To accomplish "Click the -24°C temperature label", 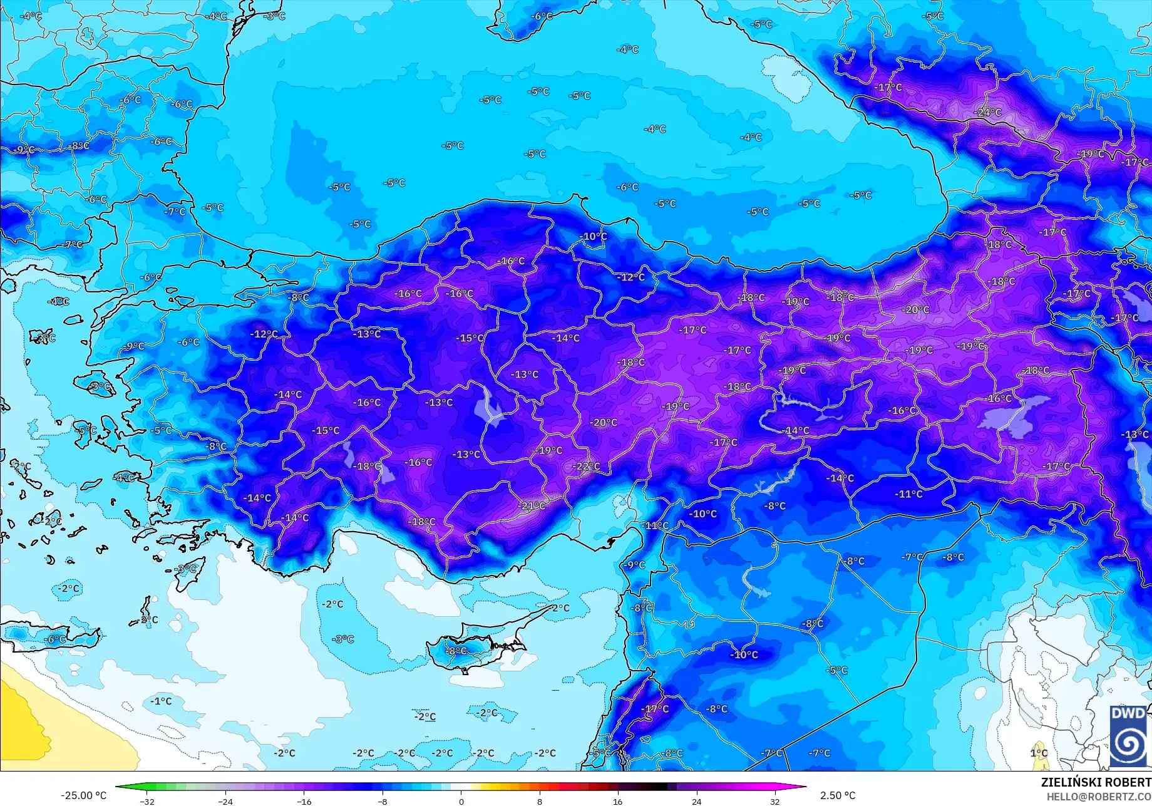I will pos(988,113).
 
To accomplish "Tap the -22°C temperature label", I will pos(587,467).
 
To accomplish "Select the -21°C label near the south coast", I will pos(532,506).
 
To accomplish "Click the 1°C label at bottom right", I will pos(1039,753).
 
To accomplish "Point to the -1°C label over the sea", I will pos(161,701).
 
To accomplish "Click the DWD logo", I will pos(1129,736).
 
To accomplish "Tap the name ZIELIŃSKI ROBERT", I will pos(1096,782).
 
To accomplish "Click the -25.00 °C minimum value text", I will pos(83,795).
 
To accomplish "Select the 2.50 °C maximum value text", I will pos(837,795).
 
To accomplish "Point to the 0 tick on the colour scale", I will pos(461,801).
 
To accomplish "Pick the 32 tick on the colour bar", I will pos(775,801).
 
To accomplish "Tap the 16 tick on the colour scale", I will pos(618,801).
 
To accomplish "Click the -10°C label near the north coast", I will pos(594,237).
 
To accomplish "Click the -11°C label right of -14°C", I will pos(908,494).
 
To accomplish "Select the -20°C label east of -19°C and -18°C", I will pos(915,310).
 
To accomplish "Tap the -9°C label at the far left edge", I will pos(23,150).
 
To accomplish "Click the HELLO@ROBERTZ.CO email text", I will pos(1099,797).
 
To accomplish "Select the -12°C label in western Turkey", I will pos(264,334).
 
